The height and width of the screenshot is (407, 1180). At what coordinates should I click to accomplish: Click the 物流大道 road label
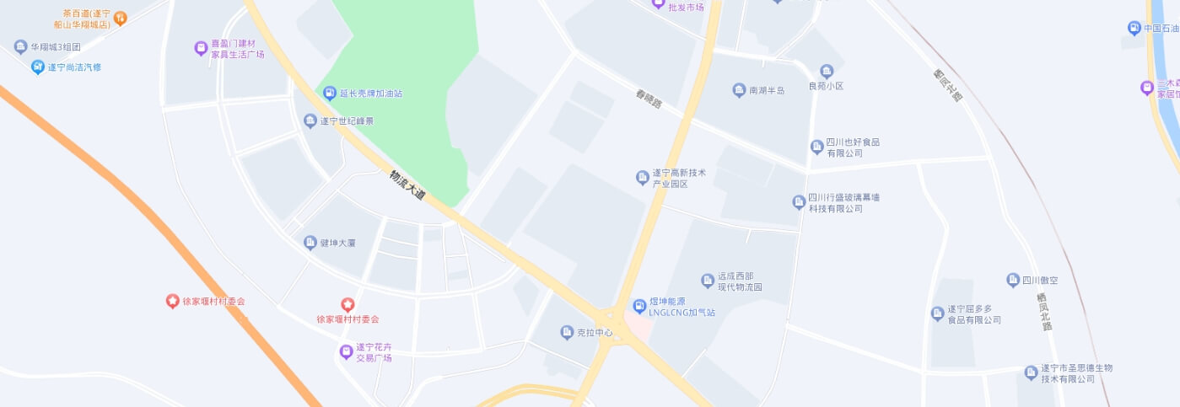coord(407,185)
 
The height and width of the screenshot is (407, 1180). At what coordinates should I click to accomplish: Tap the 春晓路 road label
coord(649,99)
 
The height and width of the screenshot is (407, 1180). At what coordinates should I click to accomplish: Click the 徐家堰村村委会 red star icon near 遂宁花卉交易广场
coord(347,304)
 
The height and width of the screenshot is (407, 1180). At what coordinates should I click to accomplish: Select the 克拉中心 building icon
coord(567,333)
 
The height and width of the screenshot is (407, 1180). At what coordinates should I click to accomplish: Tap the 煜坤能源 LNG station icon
coord(640,306)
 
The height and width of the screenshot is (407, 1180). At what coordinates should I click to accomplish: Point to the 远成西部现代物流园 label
coord(740,281)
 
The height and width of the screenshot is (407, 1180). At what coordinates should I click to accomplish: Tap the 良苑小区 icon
coord(827,72)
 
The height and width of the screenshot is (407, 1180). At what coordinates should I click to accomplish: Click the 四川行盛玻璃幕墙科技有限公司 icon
coord(799,202)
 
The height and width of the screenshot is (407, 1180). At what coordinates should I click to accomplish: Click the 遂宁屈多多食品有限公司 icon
coord(937,313)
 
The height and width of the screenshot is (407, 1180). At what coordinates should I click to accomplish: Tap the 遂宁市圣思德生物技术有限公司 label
coord(1075,373)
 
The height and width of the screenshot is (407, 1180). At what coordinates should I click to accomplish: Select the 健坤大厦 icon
coord(310,243)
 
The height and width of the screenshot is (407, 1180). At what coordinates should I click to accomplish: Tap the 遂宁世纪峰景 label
coord(347,121)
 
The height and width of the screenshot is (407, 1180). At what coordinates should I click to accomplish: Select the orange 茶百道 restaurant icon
coord(120,18)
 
